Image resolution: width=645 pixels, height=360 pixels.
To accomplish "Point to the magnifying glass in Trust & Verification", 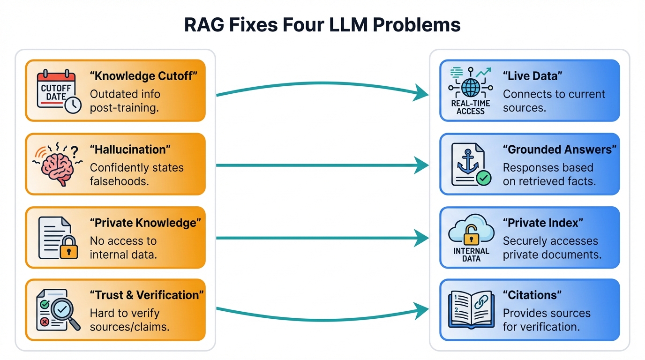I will [63, 310].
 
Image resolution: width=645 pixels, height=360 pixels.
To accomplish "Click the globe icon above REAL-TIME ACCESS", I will [470, 87].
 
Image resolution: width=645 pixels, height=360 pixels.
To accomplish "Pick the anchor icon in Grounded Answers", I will [467, 162].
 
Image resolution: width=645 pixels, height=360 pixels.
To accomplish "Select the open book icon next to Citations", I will [471, 309].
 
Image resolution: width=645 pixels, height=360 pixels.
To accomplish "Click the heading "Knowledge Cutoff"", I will [140, 76].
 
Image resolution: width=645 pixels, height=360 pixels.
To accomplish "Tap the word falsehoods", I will [119, 181].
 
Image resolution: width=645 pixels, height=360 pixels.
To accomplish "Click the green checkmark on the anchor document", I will [483, 178].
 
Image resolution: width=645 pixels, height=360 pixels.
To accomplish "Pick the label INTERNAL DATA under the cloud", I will [471, 255].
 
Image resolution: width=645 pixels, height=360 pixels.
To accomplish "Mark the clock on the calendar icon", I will [73, 105].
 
